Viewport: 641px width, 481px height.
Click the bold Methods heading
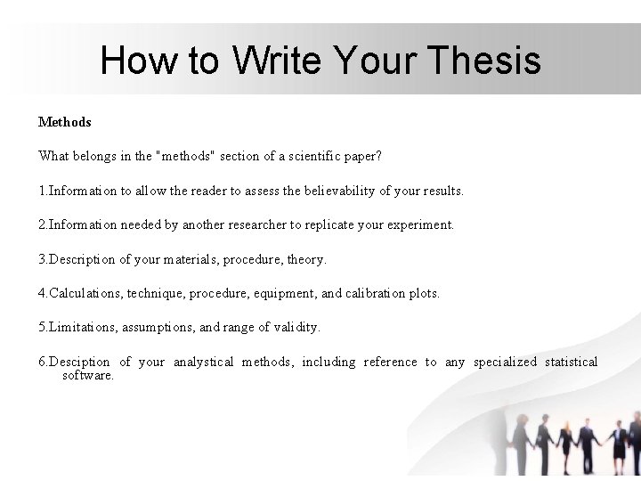click(65, 121)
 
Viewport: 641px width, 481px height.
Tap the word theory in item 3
click(306, 259)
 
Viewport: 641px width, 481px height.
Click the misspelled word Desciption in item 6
click(79, 362)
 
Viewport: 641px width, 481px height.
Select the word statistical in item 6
click(571, 362)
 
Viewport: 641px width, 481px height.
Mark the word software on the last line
click(87, 375)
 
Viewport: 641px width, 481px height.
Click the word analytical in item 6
click(203, 362)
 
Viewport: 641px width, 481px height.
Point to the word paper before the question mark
click(359, 156)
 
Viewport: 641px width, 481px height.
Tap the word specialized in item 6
click(505, 362)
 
